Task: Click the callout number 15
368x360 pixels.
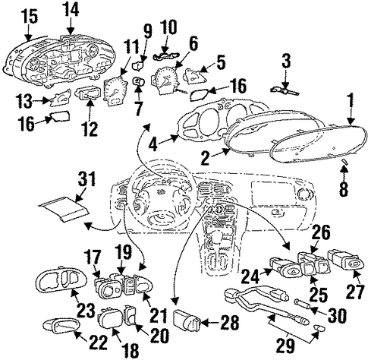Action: click(30, 17)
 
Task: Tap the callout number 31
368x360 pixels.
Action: click(86, 178)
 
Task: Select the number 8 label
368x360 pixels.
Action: click(343, 188)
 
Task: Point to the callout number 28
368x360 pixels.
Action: click(229, 322)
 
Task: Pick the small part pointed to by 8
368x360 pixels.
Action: click(344, 162)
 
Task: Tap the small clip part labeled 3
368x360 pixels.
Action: click(285, 91)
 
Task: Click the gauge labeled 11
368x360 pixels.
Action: click(115, 92)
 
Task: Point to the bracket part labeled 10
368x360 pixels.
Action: click(165, 56)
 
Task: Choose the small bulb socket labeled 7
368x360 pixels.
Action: click(139, 81)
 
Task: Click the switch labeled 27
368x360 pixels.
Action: click(346, 260)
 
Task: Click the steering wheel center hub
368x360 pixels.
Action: click(161, 195)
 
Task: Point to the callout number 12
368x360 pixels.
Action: click(90, 128)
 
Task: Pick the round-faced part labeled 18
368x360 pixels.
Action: click(110, 318)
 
